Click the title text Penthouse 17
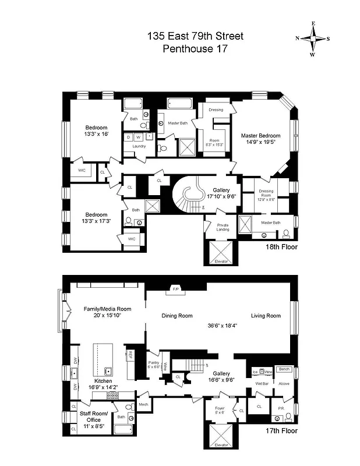195,49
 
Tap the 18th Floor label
281,247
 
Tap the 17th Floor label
281,431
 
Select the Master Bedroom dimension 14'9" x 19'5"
261,143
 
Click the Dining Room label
177,316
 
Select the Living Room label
266,316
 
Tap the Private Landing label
223,227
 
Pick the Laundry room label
139,146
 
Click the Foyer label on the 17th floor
220,408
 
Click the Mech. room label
143,404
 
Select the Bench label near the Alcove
284,369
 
